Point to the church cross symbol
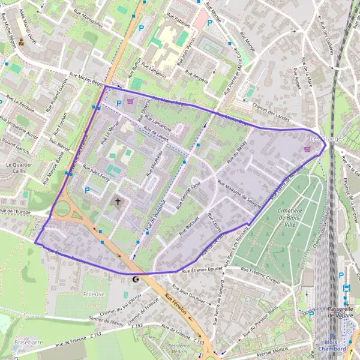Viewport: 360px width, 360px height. click(118, 202)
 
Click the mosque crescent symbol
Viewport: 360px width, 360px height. click(136, 279)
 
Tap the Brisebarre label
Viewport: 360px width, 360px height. click(28, 342)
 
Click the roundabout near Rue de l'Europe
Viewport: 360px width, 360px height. click(62, 210)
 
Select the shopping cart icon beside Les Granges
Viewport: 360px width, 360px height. click(308, 149)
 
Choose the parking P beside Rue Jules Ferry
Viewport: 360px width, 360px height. click(88, 191)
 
